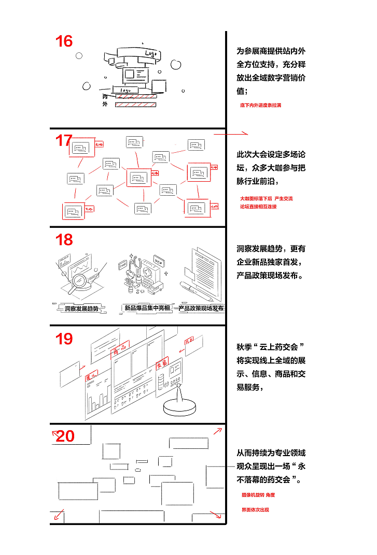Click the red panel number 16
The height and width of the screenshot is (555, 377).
[x=64, y=41]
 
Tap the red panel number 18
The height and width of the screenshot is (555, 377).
[x=64, y=240]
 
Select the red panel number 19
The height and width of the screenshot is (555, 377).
[x=64, y=339]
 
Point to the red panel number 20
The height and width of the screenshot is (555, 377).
[x=65, y=436]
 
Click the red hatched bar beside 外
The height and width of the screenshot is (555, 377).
[x=135, y=105]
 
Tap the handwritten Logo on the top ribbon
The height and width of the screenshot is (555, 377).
[x=150, y=53]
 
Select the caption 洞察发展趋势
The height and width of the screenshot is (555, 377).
[x=81, y=309]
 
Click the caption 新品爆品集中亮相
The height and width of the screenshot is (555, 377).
[x=147, y=308]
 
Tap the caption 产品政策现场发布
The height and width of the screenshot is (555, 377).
[x=201, y=308]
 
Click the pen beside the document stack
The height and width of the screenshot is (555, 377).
[x=197, y=291]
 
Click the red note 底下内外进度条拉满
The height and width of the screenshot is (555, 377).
[x=260, y=105]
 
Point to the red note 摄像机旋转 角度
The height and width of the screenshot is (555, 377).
[x=258, y=495]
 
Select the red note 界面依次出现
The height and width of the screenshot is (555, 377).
[x=255, y=510]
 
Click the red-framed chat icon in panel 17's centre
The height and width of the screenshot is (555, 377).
[x=138, y=178]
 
